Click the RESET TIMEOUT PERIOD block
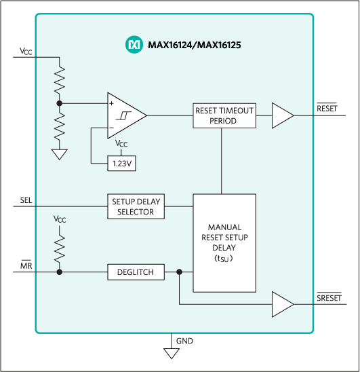[224, 115]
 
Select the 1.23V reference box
[121, 163]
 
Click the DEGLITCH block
[135, 272]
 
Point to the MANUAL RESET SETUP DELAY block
[224, 243]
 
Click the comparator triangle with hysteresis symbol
[125, 115]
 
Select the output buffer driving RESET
[282, 115]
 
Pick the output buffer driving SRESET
[282, 303]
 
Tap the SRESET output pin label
[329, 297]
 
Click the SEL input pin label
[26, 200]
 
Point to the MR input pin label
[26, 265]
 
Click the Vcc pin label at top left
[26, 51]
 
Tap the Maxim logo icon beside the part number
[133, 45]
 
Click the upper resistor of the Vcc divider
[60, 80]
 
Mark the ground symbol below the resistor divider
[60, 154]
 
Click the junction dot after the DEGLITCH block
[179, 272]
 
